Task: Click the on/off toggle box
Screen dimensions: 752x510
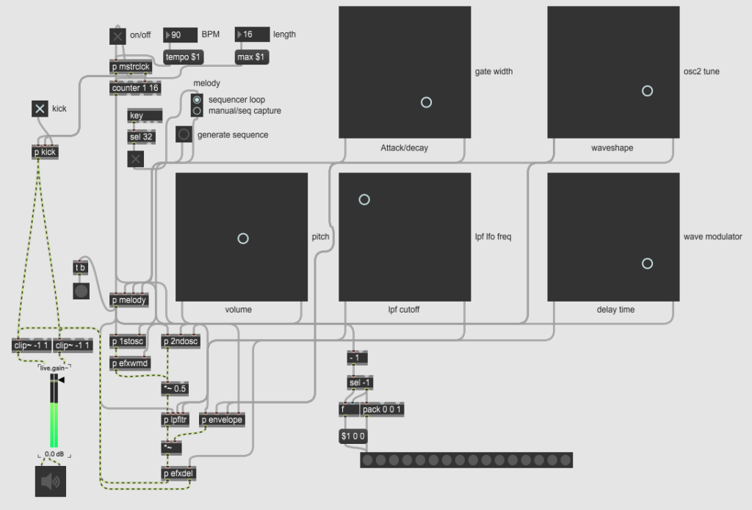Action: coord(117,36)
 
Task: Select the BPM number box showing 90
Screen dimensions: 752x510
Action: coord(181,34)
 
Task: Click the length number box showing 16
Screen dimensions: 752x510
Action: coord(253,34)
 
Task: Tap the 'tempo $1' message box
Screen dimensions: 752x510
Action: coord(183,57)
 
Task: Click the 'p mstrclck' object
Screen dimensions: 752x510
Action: coord(131,67)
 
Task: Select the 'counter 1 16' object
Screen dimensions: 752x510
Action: coord(135,88)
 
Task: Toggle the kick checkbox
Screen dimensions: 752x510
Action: coord(40,109)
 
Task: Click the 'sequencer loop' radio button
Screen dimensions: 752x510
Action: coord(197,100)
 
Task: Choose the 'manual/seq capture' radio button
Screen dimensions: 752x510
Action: coord(197,111)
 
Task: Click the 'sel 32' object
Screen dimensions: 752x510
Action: coord(142,136)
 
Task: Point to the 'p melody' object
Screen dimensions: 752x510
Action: coord(129,300)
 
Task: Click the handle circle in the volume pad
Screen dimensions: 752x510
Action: coord(243,238)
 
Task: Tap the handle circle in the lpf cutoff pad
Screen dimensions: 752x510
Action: coord(364,200)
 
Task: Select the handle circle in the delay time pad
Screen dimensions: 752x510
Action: coord(648,263)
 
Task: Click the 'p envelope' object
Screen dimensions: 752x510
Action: coord(222,420)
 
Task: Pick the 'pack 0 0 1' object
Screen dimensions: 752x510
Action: coord(382,409)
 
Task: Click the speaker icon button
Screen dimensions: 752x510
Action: coord(51,481)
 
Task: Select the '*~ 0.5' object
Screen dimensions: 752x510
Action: coord(175,388)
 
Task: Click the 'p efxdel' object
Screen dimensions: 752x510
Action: coord(178,473)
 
